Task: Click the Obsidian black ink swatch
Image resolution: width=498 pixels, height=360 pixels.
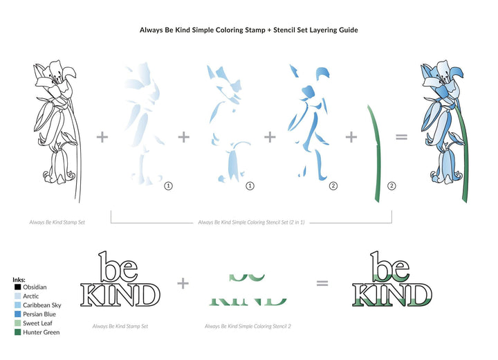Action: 17,287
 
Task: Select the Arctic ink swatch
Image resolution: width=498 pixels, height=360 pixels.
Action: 17,296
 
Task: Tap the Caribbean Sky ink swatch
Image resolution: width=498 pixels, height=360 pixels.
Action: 17,305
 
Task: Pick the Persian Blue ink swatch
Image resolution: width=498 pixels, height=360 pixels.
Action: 17,314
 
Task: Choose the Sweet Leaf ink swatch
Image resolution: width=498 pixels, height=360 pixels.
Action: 17,323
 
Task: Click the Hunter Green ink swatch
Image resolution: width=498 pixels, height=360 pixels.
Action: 17,332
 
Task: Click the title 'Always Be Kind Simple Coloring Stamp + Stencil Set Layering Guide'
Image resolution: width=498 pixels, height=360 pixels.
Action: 248,30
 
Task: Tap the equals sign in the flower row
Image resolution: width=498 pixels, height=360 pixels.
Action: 400,137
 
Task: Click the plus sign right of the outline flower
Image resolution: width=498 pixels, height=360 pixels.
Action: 102,137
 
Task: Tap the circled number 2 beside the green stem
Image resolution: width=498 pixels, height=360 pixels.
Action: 391,186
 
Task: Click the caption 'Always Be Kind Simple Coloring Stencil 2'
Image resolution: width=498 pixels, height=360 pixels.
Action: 248,325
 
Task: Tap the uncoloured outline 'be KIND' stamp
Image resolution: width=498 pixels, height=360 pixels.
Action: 120,280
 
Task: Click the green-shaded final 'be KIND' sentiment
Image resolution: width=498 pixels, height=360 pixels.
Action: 391,280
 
